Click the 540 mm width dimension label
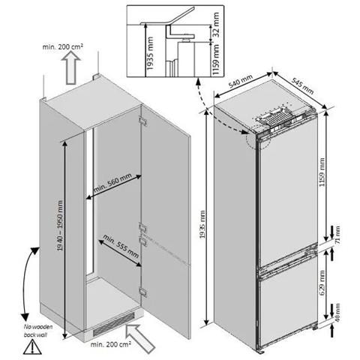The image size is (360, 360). point(241,81)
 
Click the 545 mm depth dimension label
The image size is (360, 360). point(303,86)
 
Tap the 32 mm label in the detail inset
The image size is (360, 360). point(215,25)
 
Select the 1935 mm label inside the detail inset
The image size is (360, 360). point(150,53)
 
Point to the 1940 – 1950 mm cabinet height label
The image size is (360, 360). point(60,226)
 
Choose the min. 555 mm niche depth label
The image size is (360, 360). point(121,246)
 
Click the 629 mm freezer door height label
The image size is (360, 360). point(322,282)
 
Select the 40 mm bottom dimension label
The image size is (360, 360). point(337,313)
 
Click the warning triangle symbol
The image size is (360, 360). point(32,347)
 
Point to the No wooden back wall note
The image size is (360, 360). point(38,331)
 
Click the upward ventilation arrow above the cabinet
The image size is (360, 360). point(71,67)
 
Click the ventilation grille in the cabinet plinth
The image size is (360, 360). point(114,324)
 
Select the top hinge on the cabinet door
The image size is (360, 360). point(143,121)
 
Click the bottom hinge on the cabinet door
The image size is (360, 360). point(143,292)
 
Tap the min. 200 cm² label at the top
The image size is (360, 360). point(63,46)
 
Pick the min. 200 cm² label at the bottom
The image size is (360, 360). point(111,344)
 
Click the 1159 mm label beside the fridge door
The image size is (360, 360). point(322,172)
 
